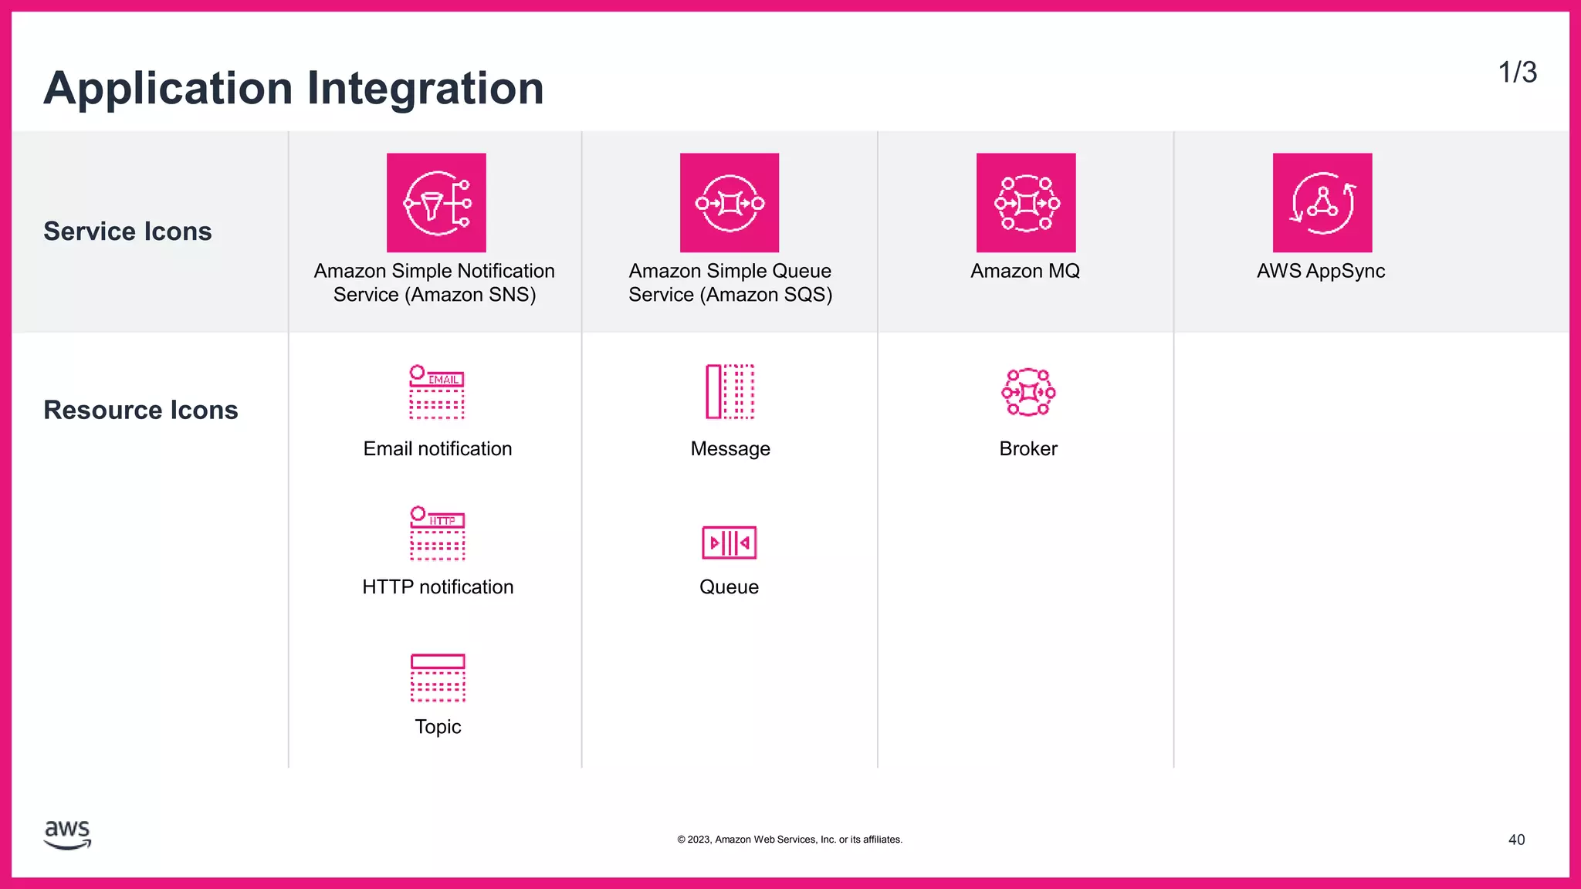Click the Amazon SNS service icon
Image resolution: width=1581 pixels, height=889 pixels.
[436, 202]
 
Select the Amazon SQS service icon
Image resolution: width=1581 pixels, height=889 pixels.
[730, 202]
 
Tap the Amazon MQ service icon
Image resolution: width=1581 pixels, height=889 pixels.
[1026, 202]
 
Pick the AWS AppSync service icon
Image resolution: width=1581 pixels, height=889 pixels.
[1322, 202]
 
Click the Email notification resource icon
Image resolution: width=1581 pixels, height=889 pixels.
[437, 392]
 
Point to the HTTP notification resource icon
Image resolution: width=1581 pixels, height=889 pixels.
[438, 533]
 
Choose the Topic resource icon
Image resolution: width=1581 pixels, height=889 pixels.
[438, 678]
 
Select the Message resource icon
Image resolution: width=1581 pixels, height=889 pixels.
[730, 392]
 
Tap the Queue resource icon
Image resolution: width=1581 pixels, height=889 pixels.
[730, 543]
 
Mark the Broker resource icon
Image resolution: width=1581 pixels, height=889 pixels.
[1028, 392]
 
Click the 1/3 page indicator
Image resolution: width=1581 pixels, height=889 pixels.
[1517, 73]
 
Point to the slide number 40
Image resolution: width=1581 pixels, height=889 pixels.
[1516, 840]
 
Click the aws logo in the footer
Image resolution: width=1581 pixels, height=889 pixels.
[68, 835]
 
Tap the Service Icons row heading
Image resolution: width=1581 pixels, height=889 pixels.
[127, 232]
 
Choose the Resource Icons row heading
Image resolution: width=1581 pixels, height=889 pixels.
[140, 410]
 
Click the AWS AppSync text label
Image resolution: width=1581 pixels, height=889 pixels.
[1321, 271]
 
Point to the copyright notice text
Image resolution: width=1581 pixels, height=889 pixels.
[790, 840]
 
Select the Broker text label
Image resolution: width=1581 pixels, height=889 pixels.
[1028, 448]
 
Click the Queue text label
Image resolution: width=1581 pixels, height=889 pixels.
[729, 587]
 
